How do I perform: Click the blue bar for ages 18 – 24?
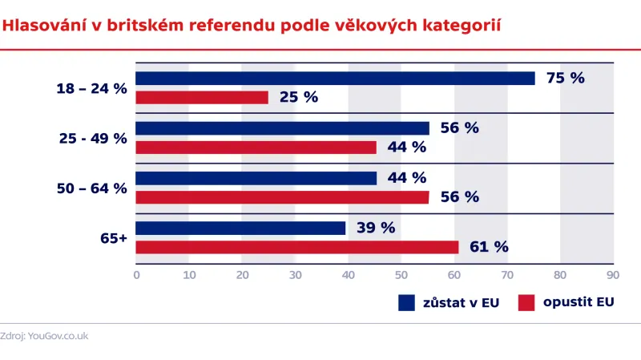pyautogui.click(x=335, y=79)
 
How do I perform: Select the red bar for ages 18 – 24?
pyautogui.click(x=202, y=98)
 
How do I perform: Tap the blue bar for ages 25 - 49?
pyautogui.click(x=282, y=128)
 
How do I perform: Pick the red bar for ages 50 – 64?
pyautogui.click(x=282, y=197)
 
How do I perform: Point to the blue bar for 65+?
pyautogui.click(x=240, y=229)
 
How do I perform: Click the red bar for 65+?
pyautogui.click(x=296, y=247)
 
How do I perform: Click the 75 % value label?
pyautogui.click(x=566, y=79)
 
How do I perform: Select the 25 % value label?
pyautogui.click(x=299, y=98)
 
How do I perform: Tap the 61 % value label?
pyautogui.click(x=490, y=247)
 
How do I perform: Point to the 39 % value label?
pyautogui.click(x=376, y=229)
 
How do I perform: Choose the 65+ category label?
pyautogui.click(x=113, y=238)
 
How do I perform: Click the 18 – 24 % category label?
pyautogui.click(x=92, y=88)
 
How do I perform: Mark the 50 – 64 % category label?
pyautogui.click(x=92, y=188)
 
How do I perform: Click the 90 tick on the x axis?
pyautogui.click(x=613, y=275)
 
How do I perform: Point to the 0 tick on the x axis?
pyautogui.click(x=136, y=275)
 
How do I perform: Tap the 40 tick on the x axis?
pyautogui.click(x=349, y=275)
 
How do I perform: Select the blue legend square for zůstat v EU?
pyautogui.click(x=406, y=303)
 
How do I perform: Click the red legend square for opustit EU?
pyautogui.click(x=526, y=303)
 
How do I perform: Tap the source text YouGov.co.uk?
pyautogui.click(x=58, y=336)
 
